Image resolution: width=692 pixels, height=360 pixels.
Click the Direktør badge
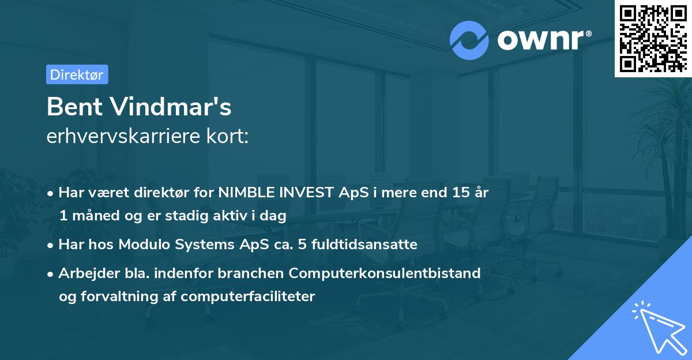pos(77,74)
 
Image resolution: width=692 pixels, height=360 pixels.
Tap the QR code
pos(653,38)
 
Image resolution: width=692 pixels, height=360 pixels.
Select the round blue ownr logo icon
pos(469,40)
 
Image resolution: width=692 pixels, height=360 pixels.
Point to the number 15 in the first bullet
pos(461,193)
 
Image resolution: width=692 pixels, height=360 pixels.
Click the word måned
pos(96,216)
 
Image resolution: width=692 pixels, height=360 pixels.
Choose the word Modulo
pos(144,245)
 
